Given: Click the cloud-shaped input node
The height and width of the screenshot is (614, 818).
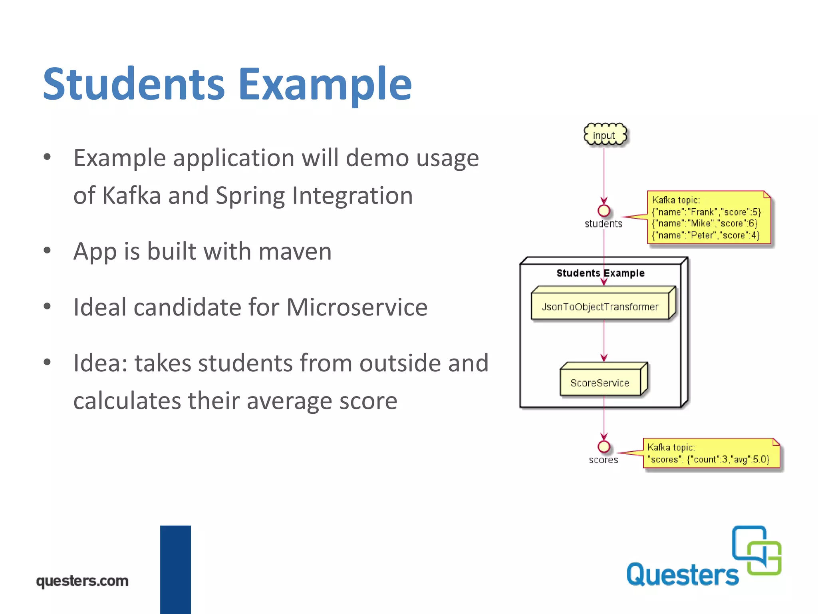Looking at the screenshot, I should [x=605, y=135].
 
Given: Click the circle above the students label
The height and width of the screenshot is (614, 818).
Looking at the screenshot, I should [x=604, y=211].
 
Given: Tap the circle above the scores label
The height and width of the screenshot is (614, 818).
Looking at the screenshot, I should [x=604, y=447].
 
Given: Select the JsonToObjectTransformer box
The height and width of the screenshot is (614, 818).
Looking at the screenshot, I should [x=600, y=307].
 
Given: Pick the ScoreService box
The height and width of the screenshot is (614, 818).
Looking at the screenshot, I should [x=600, y=383].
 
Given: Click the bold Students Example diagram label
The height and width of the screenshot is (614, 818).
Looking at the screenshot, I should [x=600, y=273].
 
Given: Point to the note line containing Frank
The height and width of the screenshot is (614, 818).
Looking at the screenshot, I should [x=706, y=212].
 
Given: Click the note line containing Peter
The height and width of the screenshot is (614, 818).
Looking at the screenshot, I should [x=705, y=235].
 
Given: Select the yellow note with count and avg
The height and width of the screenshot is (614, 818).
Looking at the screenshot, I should [x=711, y=454].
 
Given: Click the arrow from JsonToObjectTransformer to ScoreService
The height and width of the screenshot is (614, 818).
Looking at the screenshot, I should [x=604, y=340].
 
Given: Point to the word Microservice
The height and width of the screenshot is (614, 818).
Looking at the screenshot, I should [x=357, y=307].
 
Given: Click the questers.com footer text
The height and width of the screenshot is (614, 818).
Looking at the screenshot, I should [x=82, y=580].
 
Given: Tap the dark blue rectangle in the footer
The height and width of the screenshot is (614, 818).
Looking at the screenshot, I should [x=175, y=569].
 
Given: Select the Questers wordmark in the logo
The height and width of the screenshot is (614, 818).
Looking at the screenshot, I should [x=682, y=575].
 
